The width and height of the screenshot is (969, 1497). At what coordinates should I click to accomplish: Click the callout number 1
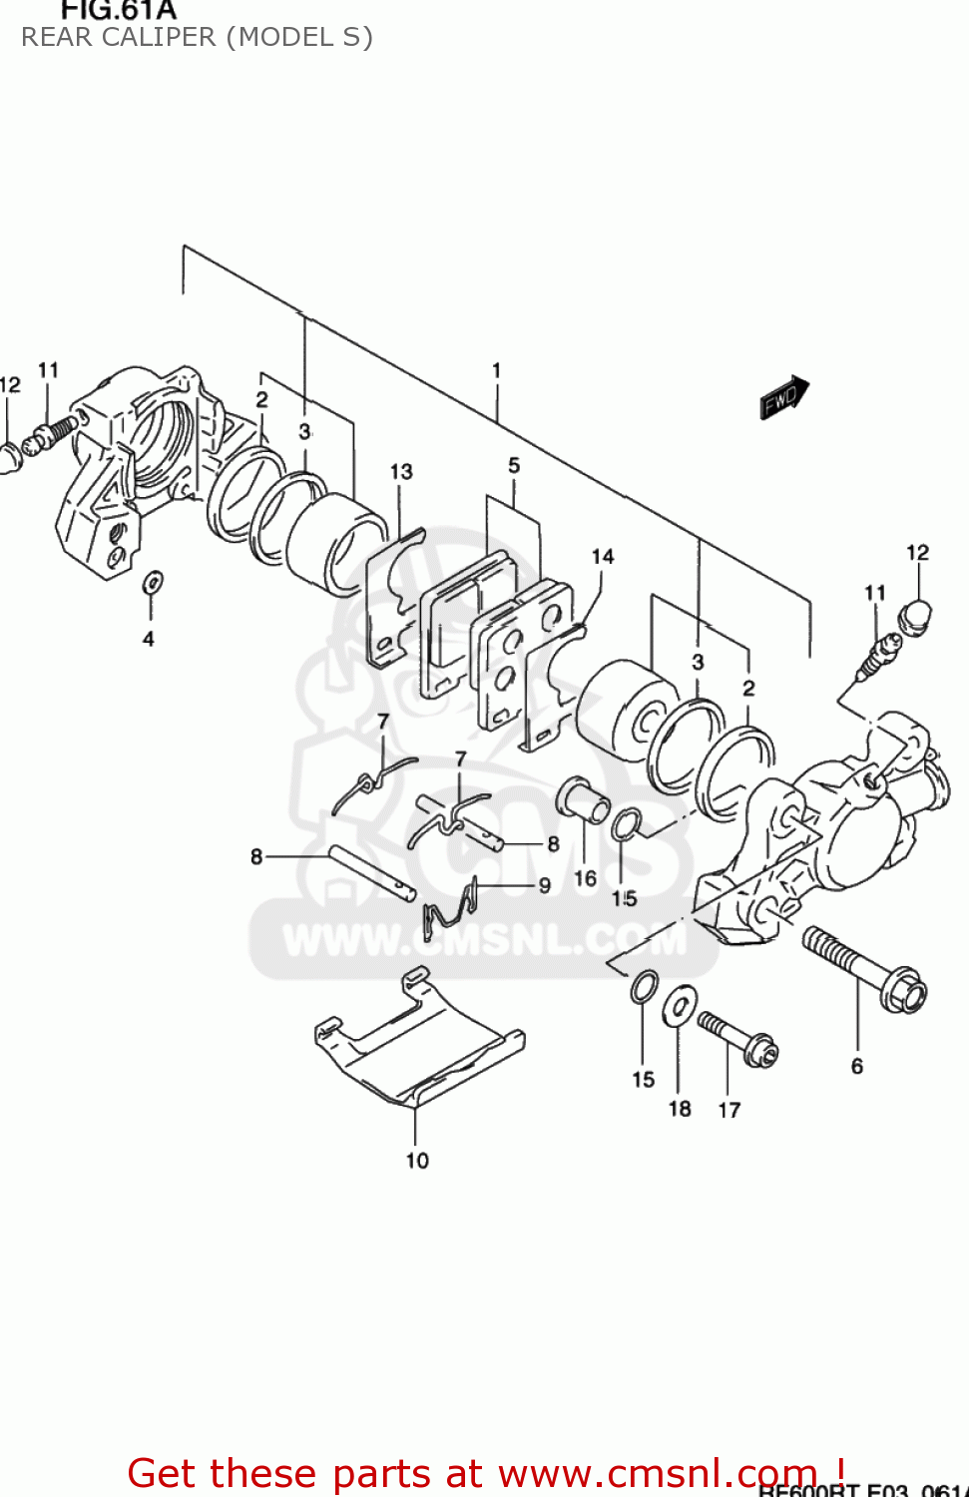point(496,370)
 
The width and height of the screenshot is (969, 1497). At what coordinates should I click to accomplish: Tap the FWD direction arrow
point(784,397)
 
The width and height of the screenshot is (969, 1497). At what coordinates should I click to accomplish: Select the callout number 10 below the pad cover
point(417,1160)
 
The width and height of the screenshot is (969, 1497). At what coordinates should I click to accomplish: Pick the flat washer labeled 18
point(680,1005)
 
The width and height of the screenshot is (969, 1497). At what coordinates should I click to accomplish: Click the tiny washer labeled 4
point(152,582)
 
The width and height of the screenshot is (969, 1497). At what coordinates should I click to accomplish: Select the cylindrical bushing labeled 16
point(584,798)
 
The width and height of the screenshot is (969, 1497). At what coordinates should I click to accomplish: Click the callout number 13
point(401,471)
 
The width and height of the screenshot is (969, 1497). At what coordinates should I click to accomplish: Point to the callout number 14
point(603,556)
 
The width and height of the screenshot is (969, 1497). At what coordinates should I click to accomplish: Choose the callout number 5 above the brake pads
point(514,465)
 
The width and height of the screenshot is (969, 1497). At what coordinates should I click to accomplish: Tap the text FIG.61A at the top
point(118,11)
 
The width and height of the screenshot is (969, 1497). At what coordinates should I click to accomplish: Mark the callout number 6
point(857,1066)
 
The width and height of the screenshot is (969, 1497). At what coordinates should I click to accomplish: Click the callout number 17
point(729,1110)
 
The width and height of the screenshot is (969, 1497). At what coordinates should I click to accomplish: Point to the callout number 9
point(545,884)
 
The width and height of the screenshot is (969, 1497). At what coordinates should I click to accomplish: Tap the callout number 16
point(585,878)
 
